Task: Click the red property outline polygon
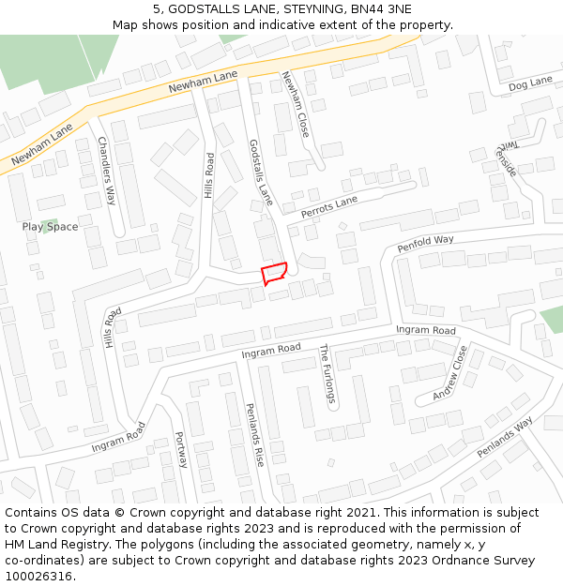pos(273,273)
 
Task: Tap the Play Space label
pos(51,227)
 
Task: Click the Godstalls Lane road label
pos(260,173)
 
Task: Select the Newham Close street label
pos(295,105)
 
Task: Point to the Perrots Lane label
pos(328,207)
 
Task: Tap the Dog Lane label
pos(530,84)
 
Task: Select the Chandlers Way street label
pos(106,171)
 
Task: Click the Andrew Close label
pos(449,373)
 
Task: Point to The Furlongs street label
pos(326,374)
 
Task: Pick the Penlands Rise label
pos(253,437)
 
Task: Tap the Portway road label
pos(181,449)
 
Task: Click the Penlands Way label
pos(504,437)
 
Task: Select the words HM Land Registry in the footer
pos(53,544)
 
